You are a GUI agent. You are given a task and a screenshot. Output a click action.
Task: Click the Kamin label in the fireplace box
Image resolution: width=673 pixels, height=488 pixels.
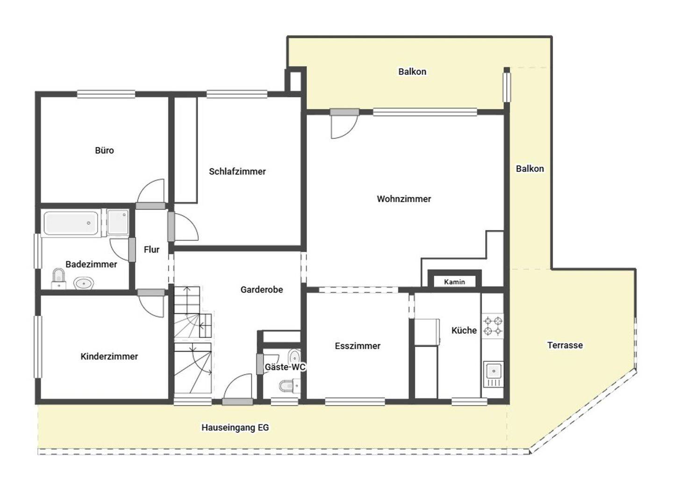454,282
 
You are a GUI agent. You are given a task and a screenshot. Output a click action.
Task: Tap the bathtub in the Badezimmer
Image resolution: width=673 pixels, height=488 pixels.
71,223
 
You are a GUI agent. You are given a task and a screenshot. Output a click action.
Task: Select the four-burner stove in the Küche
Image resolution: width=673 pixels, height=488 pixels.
493,326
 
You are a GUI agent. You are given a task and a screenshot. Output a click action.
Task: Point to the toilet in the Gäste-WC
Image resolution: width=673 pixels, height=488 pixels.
290,386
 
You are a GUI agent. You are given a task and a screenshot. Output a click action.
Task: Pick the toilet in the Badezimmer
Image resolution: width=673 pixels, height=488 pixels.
58,279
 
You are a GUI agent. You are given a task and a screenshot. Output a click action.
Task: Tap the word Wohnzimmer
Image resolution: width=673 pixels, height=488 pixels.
404,199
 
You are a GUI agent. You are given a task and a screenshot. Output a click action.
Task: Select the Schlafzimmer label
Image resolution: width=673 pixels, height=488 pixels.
237,172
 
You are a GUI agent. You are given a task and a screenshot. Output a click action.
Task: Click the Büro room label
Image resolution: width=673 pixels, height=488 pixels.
104,150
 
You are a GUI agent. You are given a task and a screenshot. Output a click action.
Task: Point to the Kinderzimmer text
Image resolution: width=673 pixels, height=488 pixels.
109,356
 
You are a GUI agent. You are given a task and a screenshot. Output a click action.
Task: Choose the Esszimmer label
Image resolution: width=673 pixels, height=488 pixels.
358,346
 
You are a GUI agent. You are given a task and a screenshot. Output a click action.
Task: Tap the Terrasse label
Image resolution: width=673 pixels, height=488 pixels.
565,345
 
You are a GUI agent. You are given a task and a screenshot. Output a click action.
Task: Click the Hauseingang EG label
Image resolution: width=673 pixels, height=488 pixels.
235,428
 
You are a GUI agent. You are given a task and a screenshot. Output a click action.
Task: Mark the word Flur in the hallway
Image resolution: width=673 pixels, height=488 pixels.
151,250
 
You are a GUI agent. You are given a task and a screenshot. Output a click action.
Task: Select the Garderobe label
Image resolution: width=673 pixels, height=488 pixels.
262,290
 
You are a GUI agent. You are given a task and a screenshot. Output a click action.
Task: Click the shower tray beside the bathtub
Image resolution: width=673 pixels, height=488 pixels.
118,222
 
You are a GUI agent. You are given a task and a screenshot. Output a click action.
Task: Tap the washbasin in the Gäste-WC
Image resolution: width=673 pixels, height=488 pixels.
294,356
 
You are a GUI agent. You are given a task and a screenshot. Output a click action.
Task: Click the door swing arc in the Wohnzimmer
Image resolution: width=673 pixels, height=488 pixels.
351,131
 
